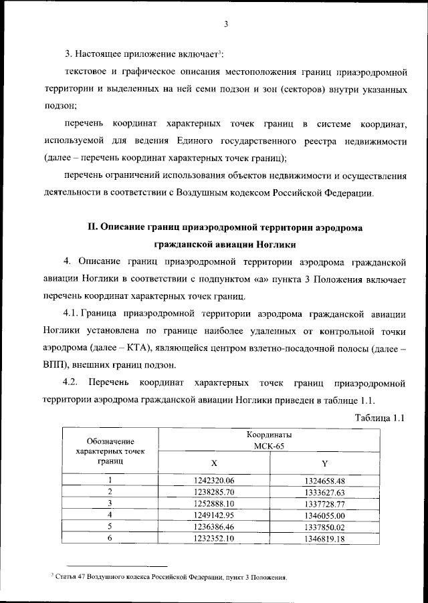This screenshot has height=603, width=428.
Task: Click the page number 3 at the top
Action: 226,25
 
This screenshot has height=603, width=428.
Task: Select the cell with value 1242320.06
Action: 214,480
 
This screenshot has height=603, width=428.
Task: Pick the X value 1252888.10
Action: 214,503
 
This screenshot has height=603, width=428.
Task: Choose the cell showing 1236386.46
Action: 214,527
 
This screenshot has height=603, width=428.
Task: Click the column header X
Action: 214,463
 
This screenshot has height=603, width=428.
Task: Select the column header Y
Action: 324,463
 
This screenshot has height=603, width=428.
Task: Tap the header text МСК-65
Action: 268,445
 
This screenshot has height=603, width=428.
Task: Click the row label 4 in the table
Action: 110,515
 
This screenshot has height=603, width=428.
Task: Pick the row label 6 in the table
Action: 110,538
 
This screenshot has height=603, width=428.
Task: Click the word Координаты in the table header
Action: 268,435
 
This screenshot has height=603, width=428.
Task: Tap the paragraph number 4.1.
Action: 73,314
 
